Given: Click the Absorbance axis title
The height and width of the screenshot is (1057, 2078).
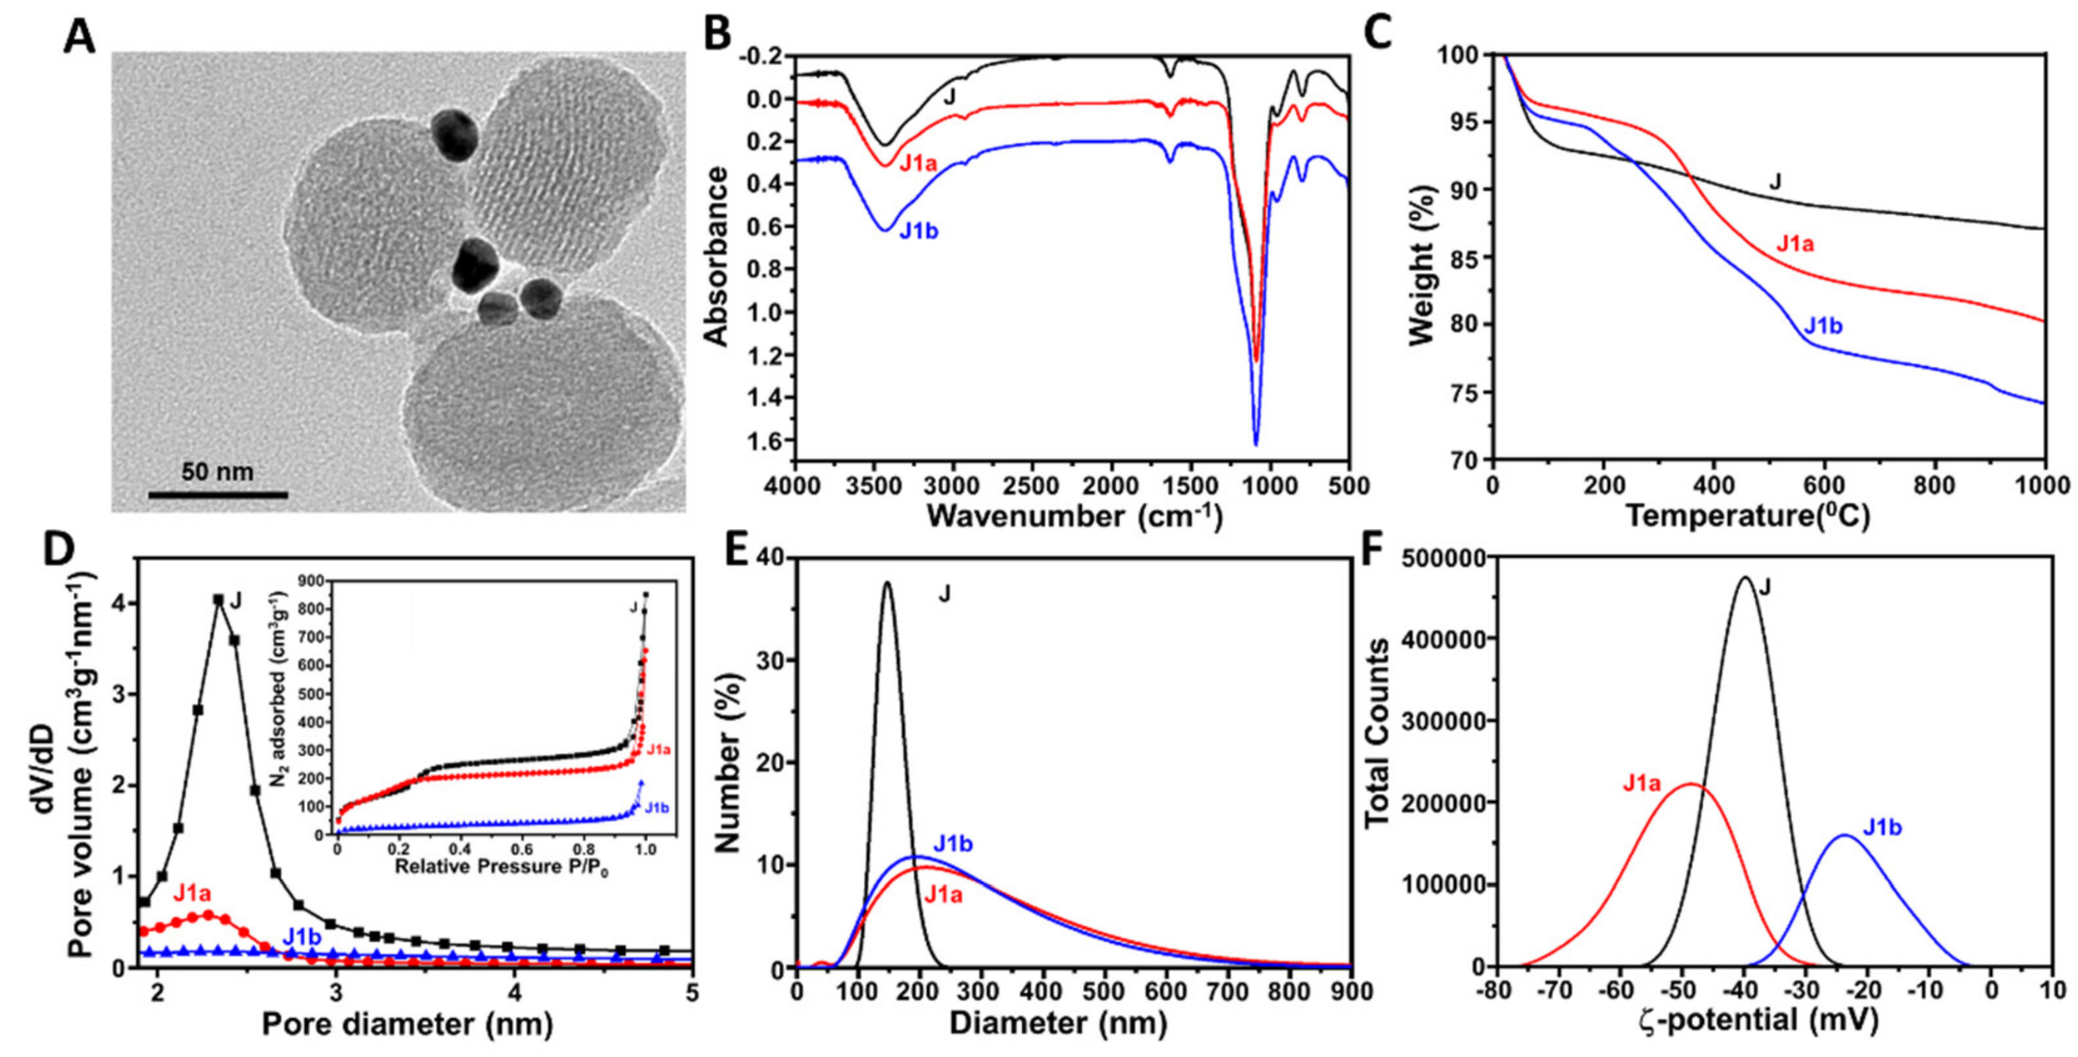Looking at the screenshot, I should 715,256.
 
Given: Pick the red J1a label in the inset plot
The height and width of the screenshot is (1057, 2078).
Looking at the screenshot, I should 658,750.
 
